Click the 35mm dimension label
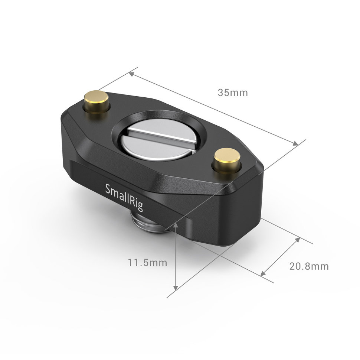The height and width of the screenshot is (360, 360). (232, 93)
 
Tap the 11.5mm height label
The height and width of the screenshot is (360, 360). (147, 263)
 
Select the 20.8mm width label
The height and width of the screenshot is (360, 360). (309, 266)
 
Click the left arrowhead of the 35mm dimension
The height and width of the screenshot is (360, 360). (131, 73)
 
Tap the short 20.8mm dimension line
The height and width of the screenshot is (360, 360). (280, 256)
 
